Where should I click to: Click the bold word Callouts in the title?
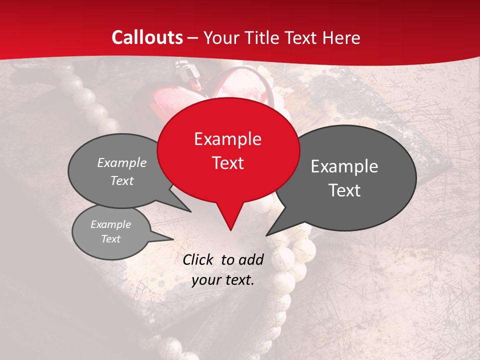(x=147, y=37)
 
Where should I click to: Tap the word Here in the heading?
(x=342, y=37)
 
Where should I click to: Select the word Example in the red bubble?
(x=227, y=139)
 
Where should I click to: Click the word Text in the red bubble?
(x=227, y=162)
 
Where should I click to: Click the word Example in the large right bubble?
(x=344, y=166)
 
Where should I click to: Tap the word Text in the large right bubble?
(x=344, y=190)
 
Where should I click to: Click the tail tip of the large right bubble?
(x=266, y=235)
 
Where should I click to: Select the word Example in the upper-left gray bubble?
(x=122, y=163)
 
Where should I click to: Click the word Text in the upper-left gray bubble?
(x=122, y=180)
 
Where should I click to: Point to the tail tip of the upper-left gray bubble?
(x=190, y=211)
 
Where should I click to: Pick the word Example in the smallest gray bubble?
(x=110, y=224)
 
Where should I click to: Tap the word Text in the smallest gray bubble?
(x=110, y=239)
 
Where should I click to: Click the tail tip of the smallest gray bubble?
(x=173, y=239)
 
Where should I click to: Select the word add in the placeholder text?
(x=251, y=259)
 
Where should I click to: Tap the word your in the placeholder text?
(x=205, y=280)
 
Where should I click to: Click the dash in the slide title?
(x=193, y=38)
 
